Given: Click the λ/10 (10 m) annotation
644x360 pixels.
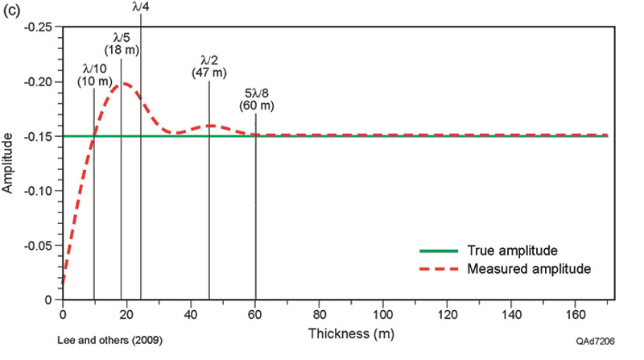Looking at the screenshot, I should [x=94, y=75].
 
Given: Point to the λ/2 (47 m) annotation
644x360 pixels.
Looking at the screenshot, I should [x=209, y=67].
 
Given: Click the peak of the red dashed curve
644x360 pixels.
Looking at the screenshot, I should [x=126, y=83].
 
